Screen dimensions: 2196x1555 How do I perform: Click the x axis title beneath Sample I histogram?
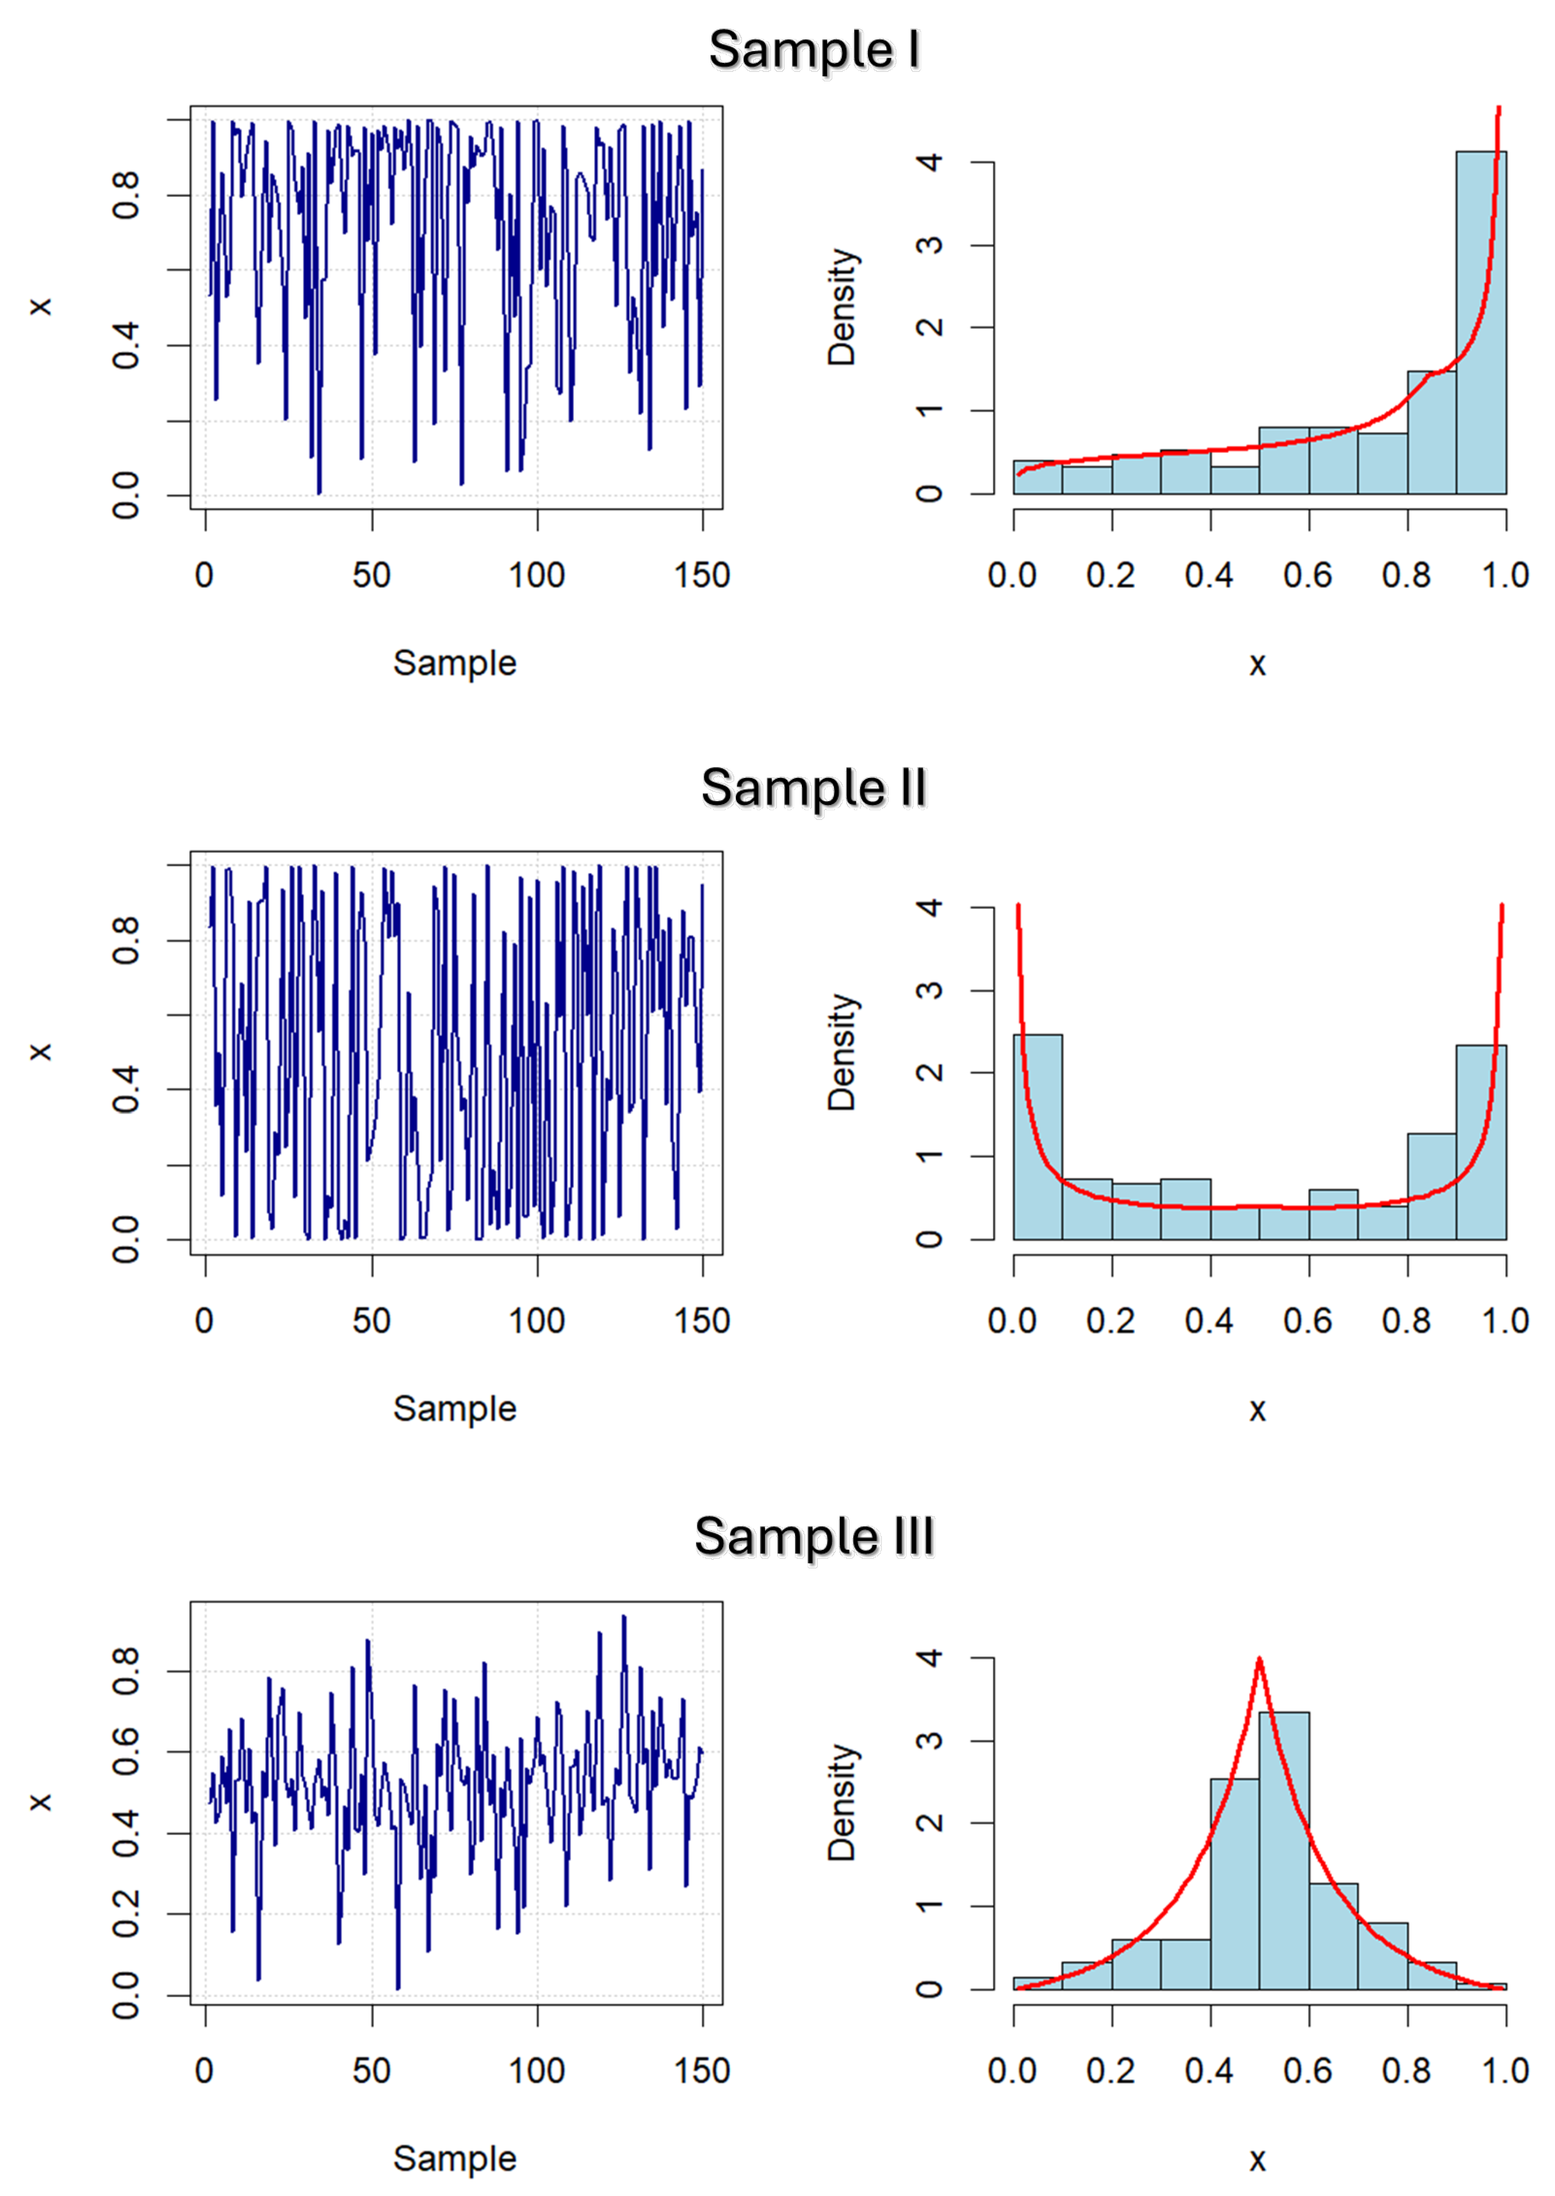click(1257, 664)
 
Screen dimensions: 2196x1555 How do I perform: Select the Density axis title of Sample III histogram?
click(842, 1803)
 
